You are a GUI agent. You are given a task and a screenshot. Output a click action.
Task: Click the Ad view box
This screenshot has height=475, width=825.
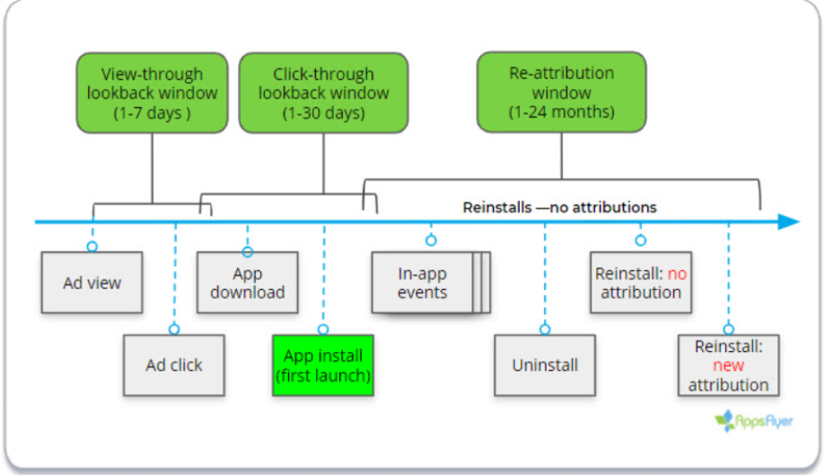point(92,283)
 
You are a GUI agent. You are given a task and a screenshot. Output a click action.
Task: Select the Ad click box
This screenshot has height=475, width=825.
point(174,365)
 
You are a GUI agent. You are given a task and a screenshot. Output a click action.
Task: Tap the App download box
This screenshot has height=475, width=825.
point(247,283)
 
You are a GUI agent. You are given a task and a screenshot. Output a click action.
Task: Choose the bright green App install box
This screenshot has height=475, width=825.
point(323,365)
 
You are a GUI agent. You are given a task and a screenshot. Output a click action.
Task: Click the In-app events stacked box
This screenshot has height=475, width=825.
point(431,283)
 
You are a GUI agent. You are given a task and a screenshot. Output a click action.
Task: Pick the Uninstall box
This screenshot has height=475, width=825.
point(545,365)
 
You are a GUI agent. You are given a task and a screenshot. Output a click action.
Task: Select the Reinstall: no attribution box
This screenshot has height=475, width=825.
point(641,283)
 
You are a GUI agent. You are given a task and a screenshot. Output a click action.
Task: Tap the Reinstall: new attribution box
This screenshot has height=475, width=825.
point(729,365)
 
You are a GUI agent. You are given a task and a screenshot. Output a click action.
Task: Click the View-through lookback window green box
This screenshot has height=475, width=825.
point(152,92)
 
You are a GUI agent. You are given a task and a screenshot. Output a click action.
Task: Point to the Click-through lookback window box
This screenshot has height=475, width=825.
point(323,92)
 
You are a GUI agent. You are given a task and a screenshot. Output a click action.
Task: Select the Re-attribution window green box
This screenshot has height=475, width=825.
point(561,92)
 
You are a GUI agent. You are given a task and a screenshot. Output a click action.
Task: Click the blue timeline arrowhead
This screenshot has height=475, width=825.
point(789,222)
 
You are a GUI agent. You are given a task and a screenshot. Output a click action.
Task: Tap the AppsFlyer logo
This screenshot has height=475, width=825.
point(753,421)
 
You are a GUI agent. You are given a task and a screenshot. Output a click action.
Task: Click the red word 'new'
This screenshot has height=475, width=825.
point(729,365)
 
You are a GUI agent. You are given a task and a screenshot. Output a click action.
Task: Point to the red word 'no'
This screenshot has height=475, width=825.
point(677,274)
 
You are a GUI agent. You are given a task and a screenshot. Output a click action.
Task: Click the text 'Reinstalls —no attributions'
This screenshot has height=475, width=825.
point(560,207)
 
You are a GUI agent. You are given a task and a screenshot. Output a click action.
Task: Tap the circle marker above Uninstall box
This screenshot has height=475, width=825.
point(545,330)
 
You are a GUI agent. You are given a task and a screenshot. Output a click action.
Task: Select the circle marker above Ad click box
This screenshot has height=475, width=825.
point(174,330)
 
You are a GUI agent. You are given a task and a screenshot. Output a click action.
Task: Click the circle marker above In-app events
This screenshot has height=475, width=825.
point(431,241)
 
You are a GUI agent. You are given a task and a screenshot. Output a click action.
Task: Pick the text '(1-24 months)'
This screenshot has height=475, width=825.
point(561,111)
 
